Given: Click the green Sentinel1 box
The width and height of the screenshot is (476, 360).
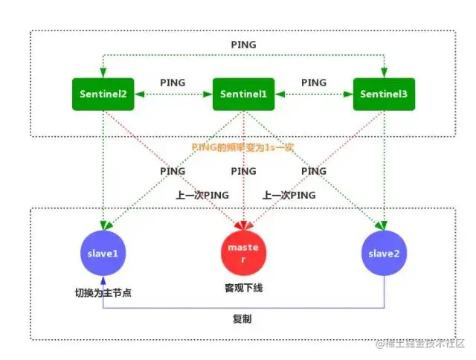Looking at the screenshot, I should (245, 94).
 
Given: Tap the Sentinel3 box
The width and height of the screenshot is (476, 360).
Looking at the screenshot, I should (384, 94).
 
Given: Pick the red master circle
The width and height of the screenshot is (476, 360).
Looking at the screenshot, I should (245, 253).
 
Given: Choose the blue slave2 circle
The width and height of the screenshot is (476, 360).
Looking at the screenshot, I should (384, 253).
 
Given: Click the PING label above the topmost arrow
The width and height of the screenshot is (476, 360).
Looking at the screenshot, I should (244, 45).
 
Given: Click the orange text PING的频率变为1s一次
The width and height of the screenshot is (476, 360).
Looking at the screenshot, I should (243, 147).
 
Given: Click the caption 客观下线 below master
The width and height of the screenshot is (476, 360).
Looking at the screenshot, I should (244, 286).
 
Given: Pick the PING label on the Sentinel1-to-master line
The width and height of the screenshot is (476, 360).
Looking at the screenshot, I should (244, 171).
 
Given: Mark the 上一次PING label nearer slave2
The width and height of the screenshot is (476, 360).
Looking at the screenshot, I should (289, 195).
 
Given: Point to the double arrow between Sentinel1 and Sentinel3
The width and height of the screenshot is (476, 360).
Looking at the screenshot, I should (313, 94).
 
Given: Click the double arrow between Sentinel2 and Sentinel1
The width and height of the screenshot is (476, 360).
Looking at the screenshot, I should (173, 94).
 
